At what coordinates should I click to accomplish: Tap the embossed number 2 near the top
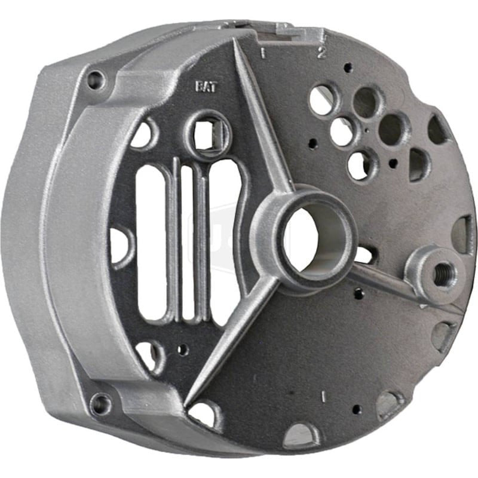point(321,53)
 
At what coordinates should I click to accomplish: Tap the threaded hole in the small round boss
point(443,274)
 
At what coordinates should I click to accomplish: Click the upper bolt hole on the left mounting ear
point(95,79)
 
